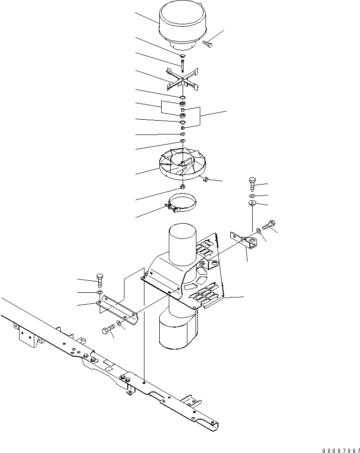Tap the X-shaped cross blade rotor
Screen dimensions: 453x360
click(x=183, y=80)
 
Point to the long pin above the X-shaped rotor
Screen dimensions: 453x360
click(x=183, y=66)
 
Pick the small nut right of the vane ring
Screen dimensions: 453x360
click(x=205, y=179)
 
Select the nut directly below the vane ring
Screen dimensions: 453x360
click(x=183, y=186)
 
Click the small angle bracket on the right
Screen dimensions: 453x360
click(x=244, y=240)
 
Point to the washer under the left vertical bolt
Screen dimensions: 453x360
click(x=99, y=292)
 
